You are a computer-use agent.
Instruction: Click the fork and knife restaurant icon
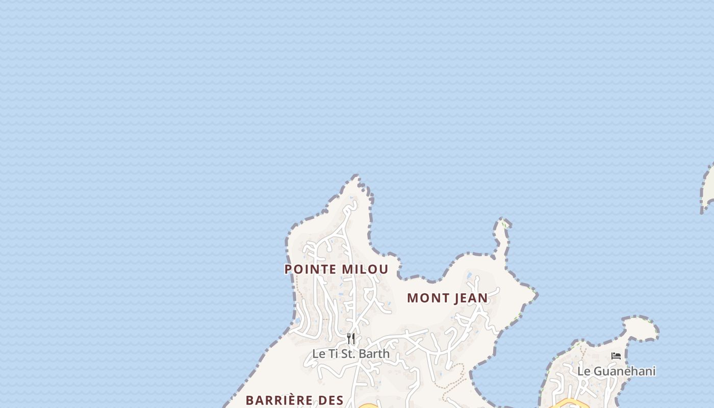[x=351, y=339]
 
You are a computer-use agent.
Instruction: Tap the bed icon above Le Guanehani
[x=616, y=356]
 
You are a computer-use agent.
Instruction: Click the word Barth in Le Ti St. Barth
[x=374, y=353]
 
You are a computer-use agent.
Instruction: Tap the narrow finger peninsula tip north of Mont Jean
[x=503, y=222]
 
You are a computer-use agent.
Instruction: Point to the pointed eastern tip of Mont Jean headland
[x=534, y=294]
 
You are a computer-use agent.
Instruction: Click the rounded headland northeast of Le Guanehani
[x=642, y=326]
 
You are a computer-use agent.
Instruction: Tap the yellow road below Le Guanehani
[x=569, y=404]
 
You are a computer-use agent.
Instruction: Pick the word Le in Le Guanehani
[x=584, y=371]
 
